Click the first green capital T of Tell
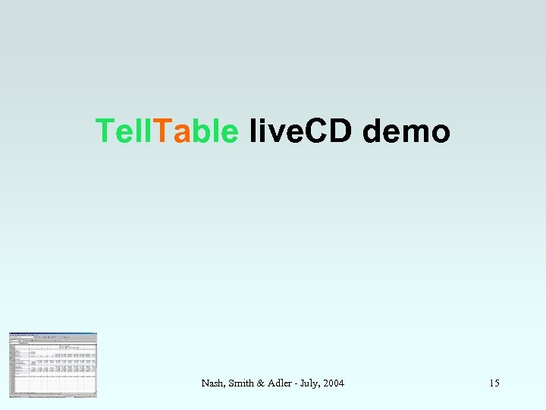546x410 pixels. pos(104,131)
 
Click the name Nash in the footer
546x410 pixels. pos(212,383)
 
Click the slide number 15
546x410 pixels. pos(494,383)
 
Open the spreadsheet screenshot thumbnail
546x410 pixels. pos(53,364)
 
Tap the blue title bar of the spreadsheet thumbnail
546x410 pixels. pos(53,334)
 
